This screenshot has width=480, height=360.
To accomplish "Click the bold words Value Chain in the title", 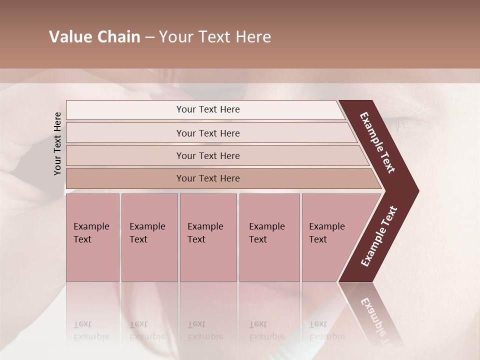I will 94,37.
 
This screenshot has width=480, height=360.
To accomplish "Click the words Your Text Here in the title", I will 215,37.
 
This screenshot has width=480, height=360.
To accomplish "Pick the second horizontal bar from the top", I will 208,133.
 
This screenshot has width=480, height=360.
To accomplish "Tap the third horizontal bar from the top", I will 208,155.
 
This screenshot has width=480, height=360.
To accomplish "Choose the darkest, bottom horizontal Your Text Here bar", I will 208,178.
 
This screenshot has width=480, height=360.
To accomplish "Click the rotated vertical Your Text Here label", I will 57,143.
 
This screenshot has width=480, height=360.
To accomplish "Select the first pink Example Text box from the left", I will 92,237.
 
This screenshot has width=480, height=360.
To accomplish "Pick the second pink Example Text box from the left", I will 149,237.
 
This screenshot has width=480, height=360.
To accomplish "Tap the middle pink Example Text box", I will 208,237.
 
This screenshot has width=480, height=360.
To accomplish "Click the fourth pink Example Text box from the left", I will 269,237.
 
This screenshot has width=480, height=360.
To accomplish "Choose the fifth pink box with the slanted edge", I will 330,237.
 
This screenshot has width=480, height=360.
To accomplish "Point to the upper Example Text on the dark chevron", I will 377,142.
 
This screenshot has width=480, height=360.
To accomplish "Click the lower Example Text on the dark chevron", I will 379,236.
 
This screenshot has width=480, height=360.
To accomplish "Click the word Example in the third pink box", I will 205,226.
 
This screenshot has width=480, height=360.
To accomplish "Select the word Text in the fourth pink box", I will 258,239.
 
